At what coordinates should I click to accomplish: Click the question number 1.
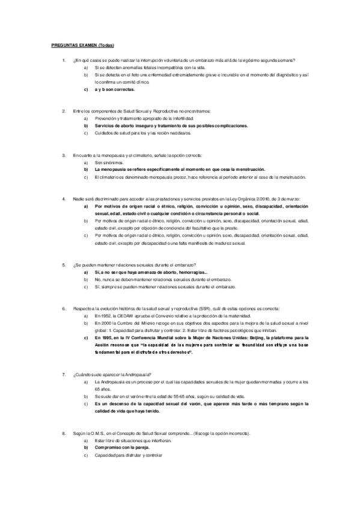(64, 61)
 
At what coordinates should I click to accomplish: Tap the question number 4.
(64, 199)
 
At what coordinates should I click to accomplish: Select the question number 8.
(64, 433)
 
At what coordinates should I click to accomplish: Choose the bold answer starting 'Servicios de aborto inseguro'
(171, 126)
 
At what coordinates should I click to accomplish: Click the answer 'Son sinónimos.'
(109, 162)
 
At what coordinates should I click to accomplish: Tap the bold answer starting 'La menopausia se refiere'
(179, 170)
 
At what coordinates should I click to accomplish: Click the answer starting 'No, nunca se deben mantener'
(162, 280)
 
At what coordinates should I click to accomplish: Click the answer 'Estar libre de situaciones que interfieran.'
(133, 441)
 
